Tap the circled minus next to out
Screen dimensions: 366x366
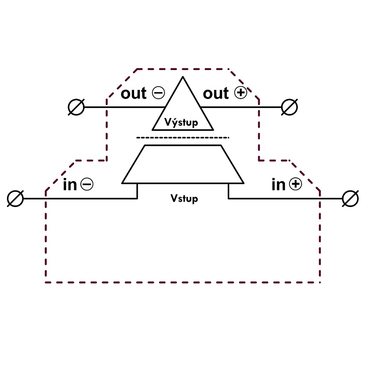(158, 93)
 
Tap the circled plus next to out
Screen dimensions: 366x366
(240, 93)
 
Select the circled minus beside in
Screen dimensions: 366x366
(87, 184)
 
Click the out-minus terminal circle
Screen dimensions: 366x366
(76, 108)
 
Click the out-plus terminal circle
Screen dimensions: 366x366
(289, 108)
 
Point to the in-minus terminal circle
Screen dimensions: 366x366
(16, 199)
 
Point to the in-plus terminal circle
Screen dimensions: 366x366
(350, 199)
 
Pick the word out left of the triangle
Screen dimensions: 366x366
(134, 93)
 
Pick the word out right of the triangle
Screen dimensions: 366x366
(216, 93)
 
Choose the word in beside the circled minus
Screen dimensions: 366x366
(70, 185)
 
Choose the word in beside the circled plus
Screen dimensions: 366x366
(278, 185)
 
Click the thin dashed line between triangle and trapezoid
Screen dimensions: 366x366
(183, 138)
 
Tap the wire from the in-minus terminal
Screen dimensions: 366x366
(81, 199)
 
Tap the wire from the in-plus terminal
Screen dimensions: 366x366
(282, 199)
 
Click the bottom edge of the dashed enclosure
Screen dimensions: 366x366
(183, 282)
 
